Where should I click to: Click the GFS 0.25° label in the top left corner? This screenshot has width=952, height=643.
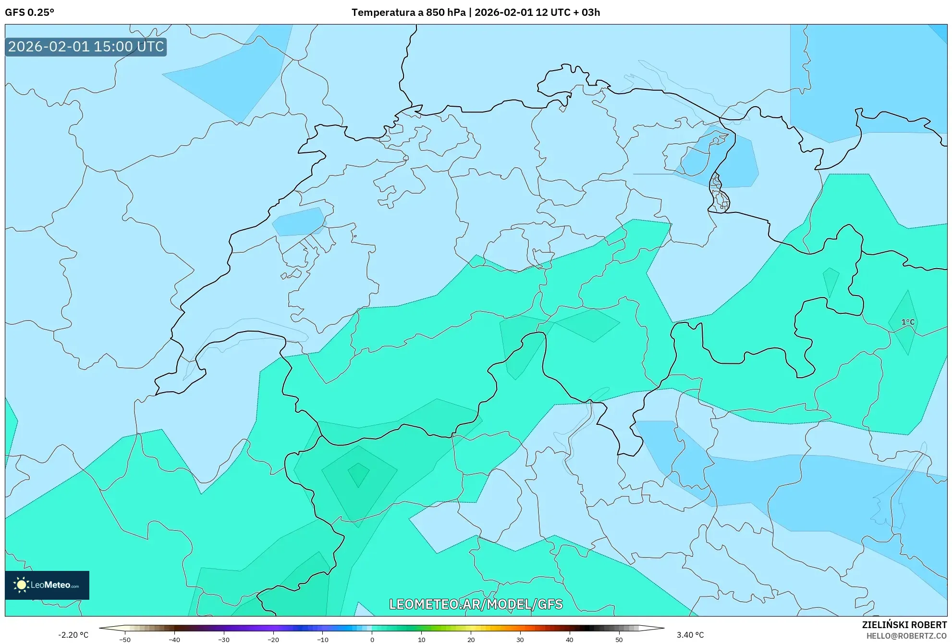(x=29, y=12)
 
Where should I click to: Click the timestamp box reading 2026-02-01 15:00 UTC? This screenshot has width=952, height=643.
(x=86, y=47)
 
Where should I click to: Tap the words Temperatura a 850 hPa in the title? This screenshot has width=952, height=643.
(x=408, y=12)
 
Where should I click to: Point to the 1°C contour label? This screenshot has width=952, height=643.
(x=907, y=322)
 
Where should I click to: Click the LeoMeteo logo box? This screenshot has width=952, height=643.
(x=47, y=585)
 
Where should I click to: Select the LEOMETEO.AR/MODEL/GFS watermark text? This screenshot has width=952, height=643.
(x=476, y=604)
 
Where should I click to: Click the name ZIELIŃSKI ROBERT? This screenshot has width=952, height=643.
(x=904, y=625)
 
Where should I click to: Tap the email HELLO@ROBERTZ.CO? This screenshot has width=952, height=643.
(x=906, y=636)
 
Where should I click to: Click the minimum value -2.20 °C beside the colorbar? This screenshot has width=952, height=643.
(x=73, y=635)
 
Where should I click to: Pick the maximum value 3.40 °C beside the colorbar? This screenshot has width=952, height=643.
(x=690, y=635)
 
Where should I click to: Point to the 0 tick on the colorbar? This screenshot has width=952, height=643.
(x=372, y=640)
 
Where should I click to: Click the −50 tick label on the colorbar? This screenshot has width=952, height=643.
(x=124, y=640)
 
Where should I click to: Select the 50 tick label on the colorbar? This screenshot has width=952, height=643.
(x=619, y=640)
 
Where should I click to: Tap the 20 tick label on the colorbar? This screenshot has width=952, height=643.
(x=471, y=640)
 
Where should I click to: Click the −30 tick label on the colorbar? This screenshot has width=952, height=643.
(x=223, y=640)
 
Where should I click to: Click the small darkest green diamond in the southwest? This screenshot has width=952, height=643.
(x=358, y=474)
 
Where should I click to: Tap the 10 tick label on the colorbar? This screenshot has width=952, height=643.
(x=421, y=640)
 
